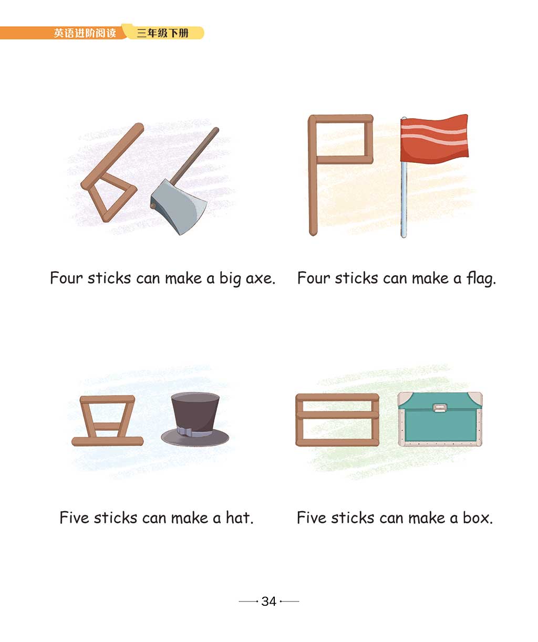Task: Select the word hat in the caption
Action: pyautogui.click(x=240, y=517)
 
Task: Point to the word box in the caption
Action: pyautogui.click(x=478, y=517)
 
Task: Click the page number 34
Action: pyautogui.click(x=268, y=601)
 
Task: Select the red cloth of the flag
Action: pyautogui.click(x=434, y=137)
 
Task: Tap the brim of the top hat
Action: pyautogui.click(x=195, y=438)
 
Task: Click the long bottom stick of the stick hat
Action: pyautogui.click(x=107, y=441)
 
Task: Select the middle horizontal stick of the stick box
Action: pyautogui.click(x=337, y=415)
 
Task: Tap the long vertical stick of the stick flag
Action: pyautogui.click(x=313, y=175)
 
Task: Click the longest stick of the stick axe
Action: pyautogui.click(x=112, y=156)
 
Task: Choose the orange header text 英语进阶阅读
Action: pyautogui.click(x=85, y=33)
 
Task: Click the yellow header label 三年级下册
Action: pyautogui.click(x=163, y=33)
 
